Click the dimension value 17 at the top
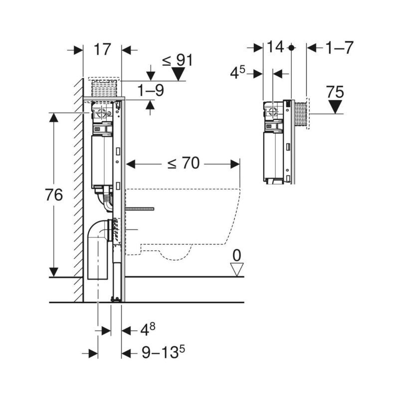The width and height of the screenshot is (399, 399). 103,49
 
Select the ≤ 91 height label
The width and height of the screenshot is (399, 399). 178,60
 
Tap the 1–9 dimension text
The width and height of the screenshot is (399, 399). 151,90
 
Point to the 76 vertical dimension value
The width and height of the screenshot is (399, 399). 54,195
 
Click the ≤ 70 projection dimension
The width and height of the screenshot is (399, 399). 183,163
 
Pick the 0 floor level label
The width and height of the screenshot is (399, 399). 236,255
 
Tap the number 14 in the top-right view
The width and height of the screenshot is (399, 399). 275,47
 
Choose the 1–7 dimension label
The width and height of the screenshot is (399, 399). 340,47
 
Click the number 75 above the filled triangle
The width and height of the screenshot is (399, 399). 335,92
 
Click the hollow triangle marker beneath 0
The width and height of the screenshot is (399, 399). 236,270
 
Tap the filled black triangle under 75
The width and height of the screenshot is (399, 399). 335,107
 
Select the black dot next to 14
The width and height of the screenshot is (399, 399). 292,47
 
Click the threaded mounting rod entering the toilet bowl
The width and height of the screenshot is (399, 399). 140,209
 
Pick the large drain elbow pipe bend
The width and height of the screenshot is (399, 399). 100,229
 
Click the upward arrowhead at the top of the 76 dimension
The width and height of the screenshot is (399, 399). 54,117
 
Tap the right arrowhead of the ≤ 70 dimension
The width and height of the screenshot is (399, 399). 235,165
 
